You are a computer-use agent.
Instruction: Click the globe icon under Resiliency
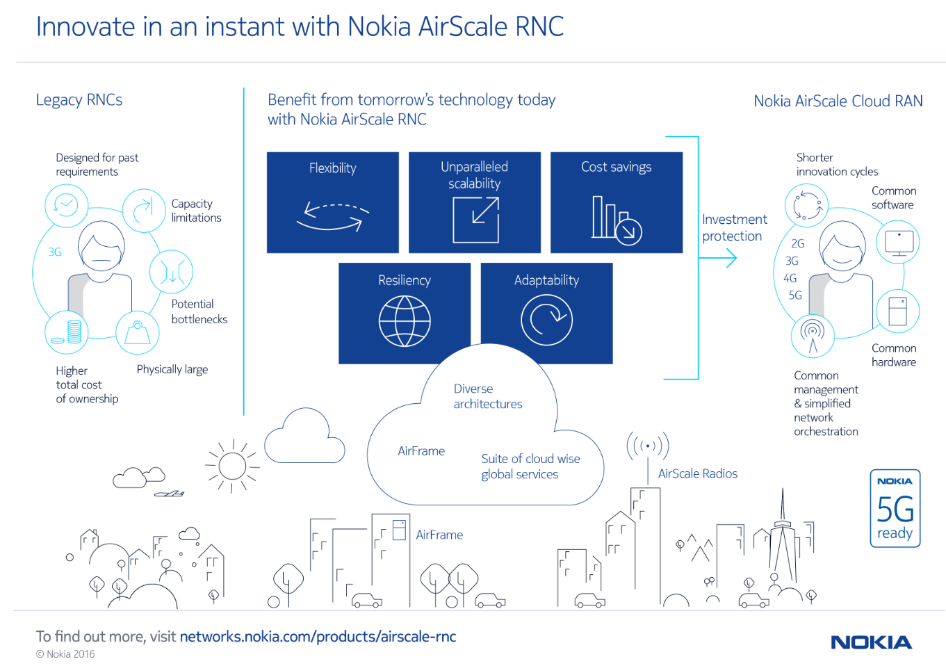(x=405, y=321)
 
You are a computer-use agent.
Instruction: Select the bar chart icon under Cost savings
(x=616, y=220)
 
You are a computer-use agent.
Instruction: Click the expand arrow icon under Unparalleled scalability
(x=475, y=220)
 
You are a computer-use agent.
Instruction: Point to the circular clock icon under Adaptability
(x=546, y=320)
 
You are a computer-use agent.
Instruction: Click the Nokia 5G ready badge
(x=895, y=508)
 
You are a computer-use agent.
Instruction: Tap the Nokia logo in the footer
(x=871, y=642)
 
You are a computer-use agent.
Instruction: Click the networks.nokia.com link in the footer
(x=318, y=637)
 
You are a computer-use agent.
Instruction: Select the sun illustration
(x=232, y=466)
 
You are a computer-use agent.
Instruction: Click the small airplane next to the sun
(x=170, y=494)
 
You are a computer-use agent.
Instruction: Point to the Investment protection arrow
(x=719, y=259)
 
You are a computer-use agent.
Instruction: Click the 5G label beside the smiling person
(x=795, y=295)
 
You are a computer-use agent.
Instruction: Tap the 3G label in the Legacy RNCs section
(x=55, y=252)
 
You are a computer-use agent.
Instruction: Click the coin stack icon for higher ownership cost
(x=67, y=332)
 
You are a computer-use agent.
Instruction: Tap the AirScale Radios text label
(x=697, y=473)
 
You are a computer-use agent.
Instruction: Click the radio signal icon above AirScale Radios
(x=648, y=446)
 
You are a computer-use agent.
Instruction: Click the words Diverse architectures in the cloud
(x=487, y=396)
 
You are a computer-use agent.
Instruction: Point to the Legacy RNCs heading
(x=79, y=100)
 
